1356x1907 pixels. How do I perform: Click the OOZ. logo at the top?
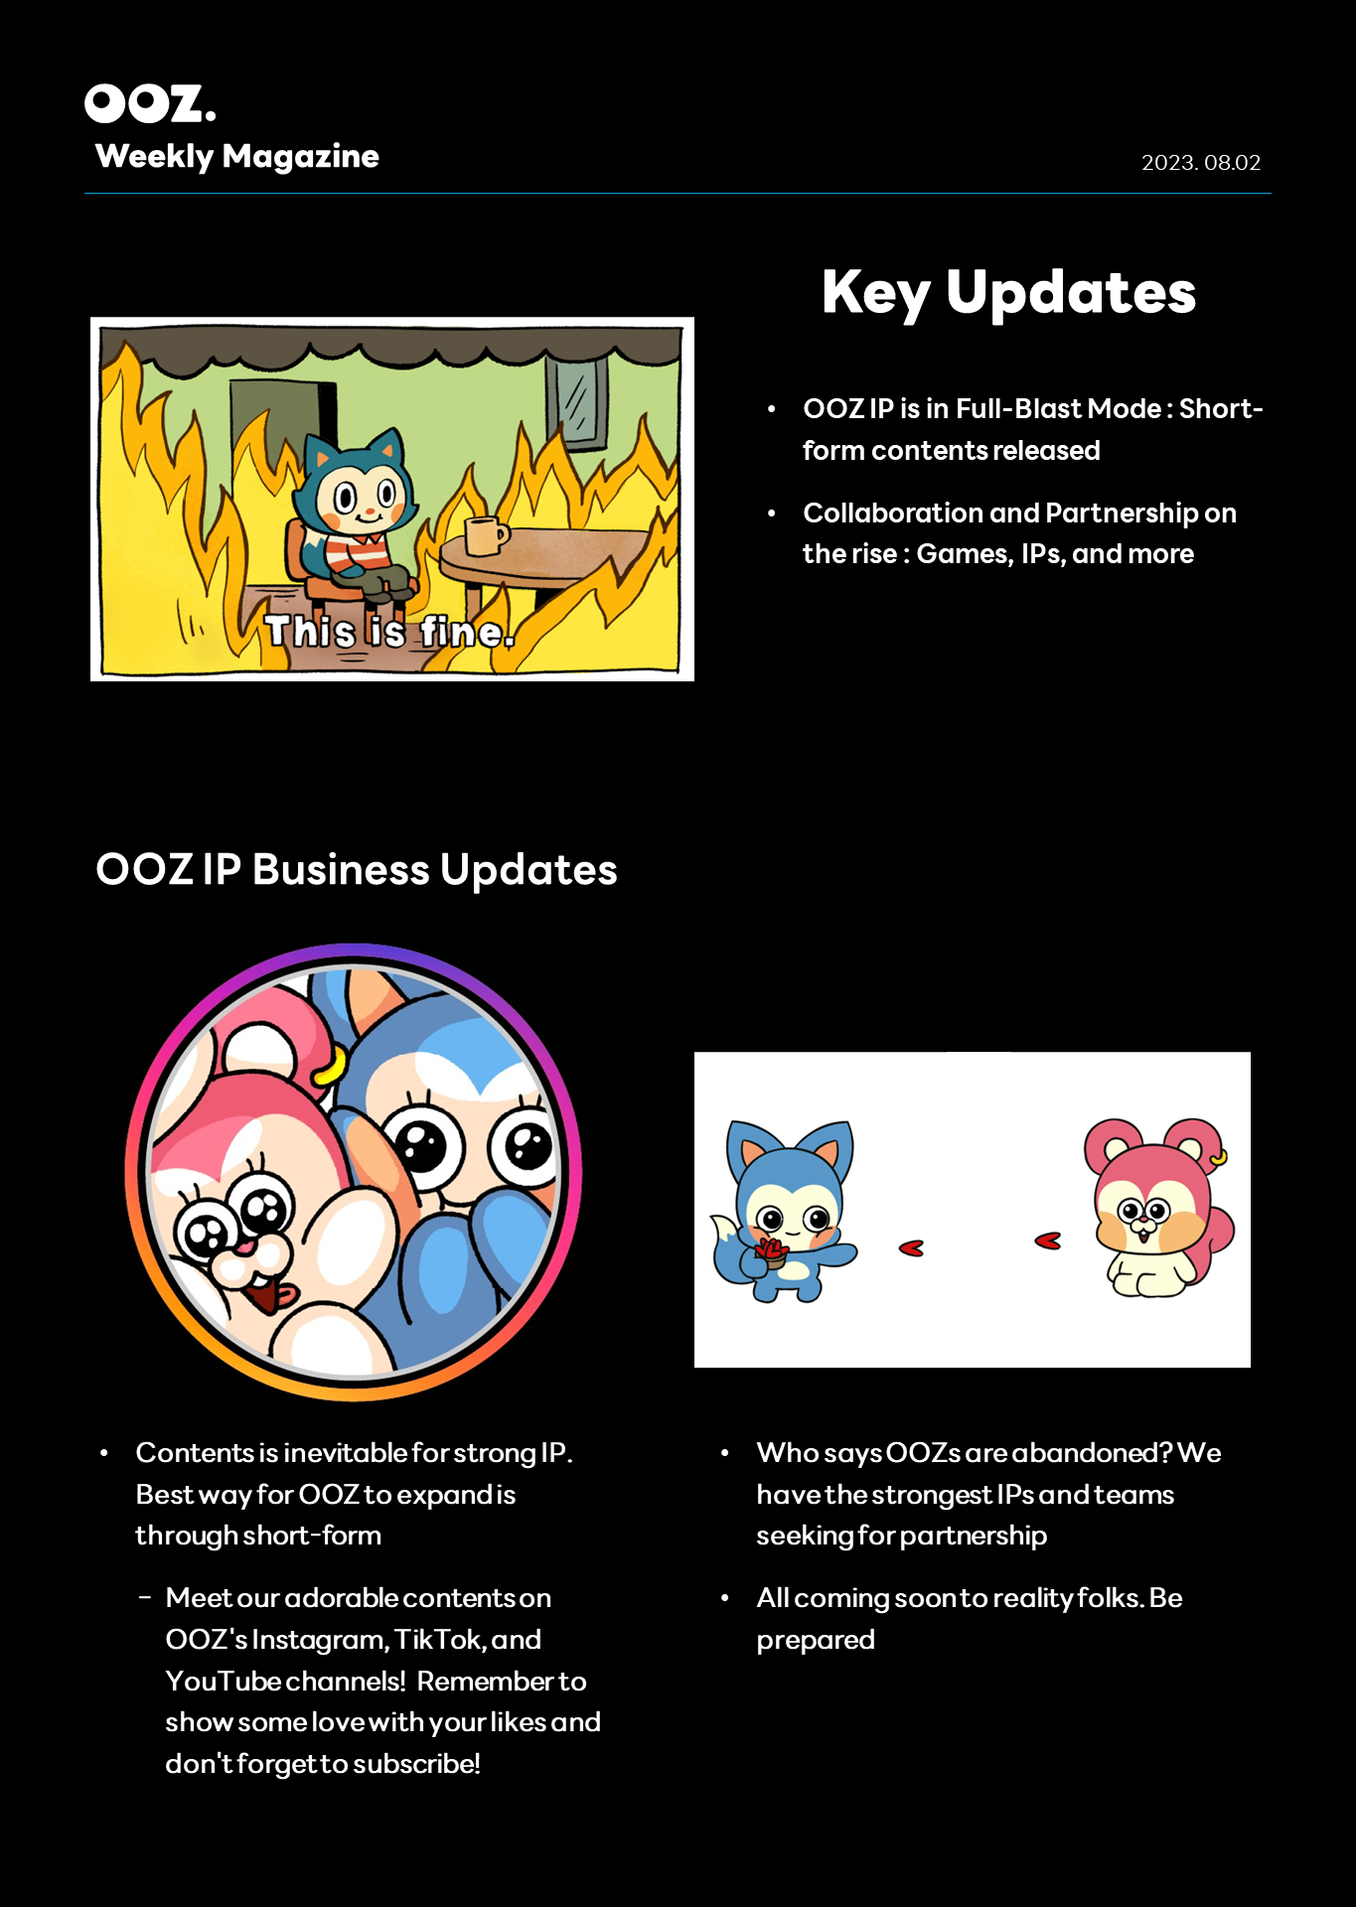point(150,103)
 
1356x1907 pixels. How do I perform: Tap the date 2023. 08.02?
point(1201,163)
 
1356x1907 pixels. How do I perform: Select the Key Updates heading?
point(1008,292)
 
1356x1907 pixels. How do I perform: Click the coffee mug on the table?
point(485,534)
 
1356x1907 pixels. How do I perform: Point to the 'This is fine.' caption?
point(389,632)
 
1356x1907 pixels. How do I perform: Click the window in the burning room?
point(576,402)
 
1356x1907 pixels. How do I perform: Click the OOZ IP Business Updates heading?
point(357,869)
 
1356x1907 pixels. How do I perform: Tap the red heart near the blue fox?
point(911,1248)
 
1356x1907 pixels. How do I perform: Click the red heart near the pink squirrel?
point(1048,1241)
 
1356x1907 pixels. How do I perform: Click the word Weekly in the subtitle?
point(155,157)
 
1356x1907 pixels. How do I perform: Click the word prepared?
point(816,1641)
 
